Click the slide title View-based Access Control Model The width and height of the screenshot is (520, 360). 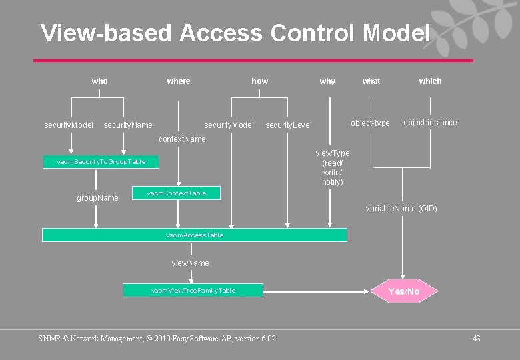(x=235, y=33)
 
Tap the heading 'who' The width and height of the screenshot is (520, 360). (x=99, y=81)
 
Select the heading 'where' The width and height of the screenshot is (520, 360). (x=179, y=81)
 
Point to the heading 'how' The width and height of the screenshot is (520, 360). (x=260, y=81)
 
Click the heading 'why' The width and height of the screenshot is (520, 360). (x=327, y=81)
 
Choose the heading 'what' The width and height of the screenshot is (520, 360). (x=371, y=81)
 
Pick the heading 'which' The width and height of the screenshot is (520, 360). (x=430, y=81)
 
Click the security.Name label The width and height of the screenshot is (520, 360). (x=128, y=125)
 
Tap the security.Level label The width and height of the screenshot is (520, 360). (x=289, y=125)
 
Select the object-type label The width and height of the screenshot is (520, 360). (x=370, y=123)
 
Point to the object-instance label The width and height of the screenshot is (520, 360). (x=430, y=123)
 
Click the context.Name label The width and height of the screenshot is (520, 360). (x=182, y=139)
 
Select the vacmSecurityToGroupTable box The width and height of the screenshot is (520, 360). (x=101, y=162)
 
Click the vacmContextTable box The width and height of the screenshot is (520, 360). (x=177, y=193)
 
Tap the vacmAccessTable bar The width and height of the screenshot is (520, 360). (x=195, y=235)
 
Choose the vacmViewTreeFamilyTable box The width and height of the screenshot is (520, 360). (x=193, y=291)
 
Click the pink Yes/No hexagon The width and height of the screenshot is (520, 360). (x=404, y=291)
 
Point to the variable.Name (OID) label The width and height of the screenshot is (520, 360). (x=401, y=209)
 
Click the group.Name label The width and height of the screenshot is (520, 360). (x=98, y=198)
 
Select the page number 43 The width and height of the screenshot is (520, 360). (x=476, y=339)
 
